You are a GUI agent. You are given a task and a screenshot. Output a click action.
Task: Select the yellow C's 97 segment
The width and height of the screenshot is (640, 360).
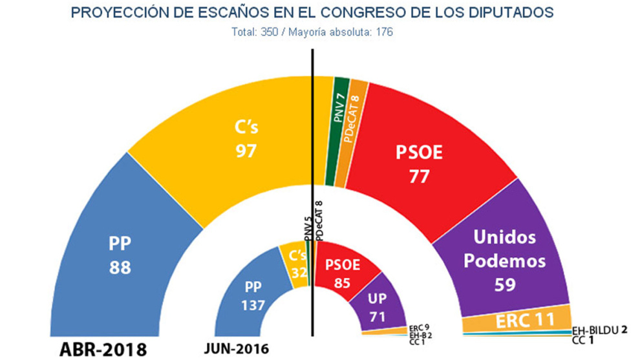(x=246, y=139)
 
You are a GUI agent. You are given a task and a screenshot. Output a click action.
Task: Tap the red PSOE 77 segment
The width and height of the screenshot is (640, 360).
(x=420, y=162)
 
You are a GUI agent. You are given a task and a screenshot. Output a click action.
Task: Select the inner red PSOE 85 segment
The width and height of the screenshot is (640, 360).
(x=343, y=271)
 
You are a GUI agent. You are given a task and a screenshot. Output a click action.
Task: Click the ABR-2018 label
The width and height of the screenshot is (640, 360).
(x=103, y=350)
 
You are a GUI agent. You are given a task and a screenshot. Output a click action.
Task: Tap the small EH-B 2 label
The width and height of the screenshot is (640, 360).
(x=421, y=335)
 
